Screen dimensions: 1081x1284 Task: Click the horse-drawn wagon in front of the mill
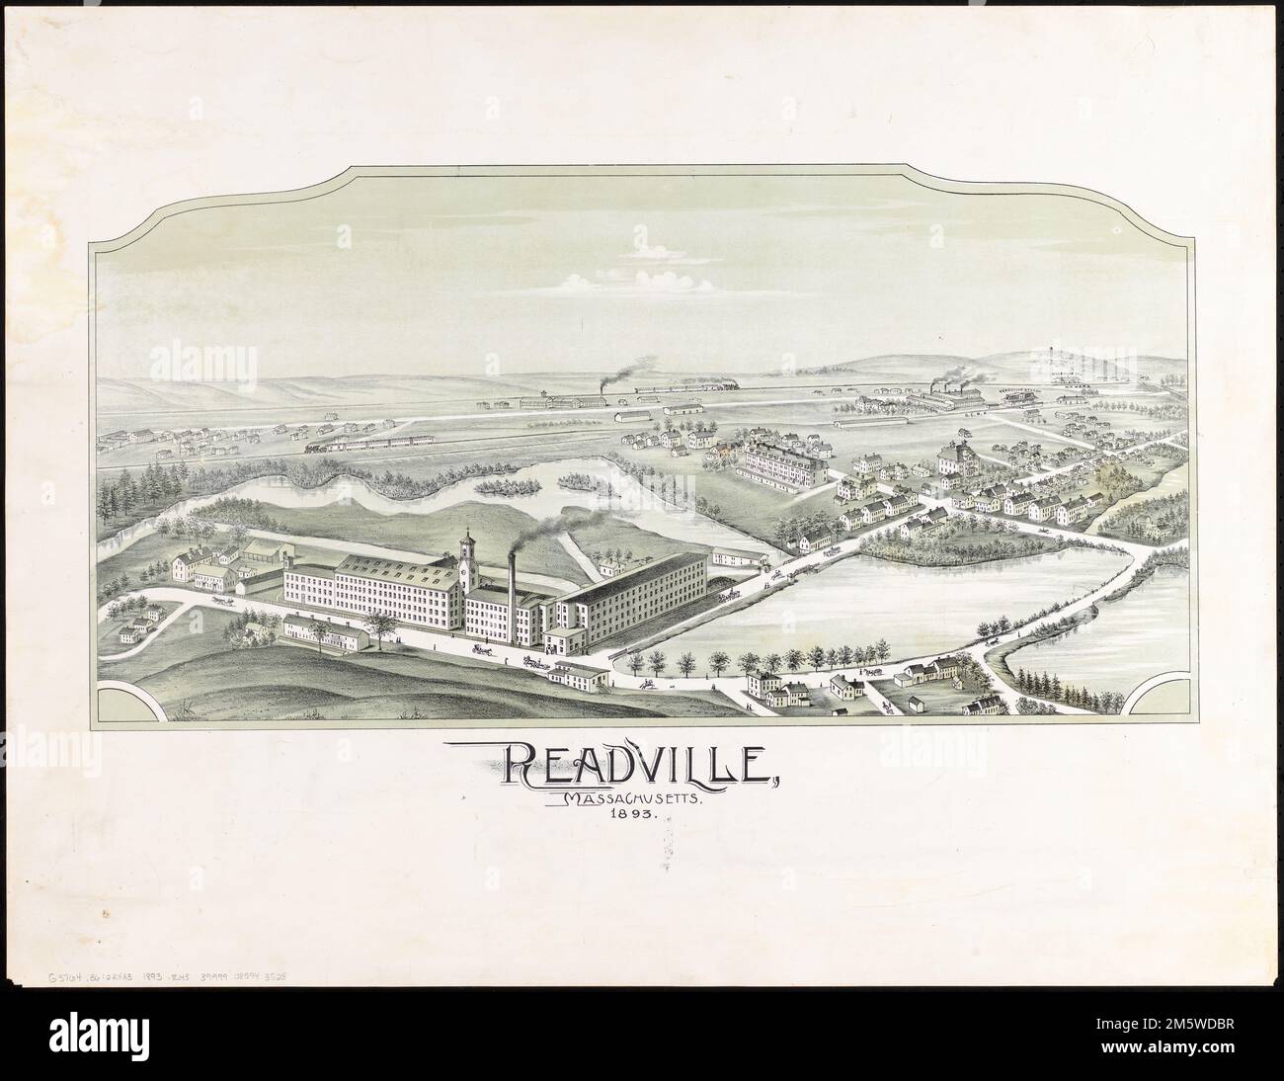(x=484, y=649)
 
